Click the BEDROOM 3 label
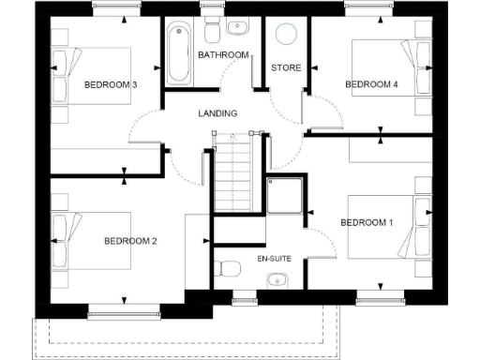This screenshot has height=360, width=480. click(111, 85)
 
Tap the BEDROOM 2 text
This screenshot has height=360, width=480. click(129, 241)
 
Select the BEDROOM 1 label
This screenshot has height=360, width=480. click(366, 222)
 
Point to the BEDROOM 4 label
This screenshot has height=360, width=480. click(371, 84)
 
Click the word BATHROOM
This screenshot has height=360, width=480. click(223, 55)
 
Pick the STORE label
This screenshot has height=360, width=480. click(285, 68)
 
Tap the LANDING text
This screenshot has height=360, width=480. click(217, 113)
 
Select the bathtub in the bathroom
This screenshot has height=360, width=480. click(178, 53)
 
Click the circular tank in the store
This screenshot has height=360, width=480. click(287, 35)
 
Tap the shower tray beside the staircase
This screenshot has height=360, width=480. click(287, 198)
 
